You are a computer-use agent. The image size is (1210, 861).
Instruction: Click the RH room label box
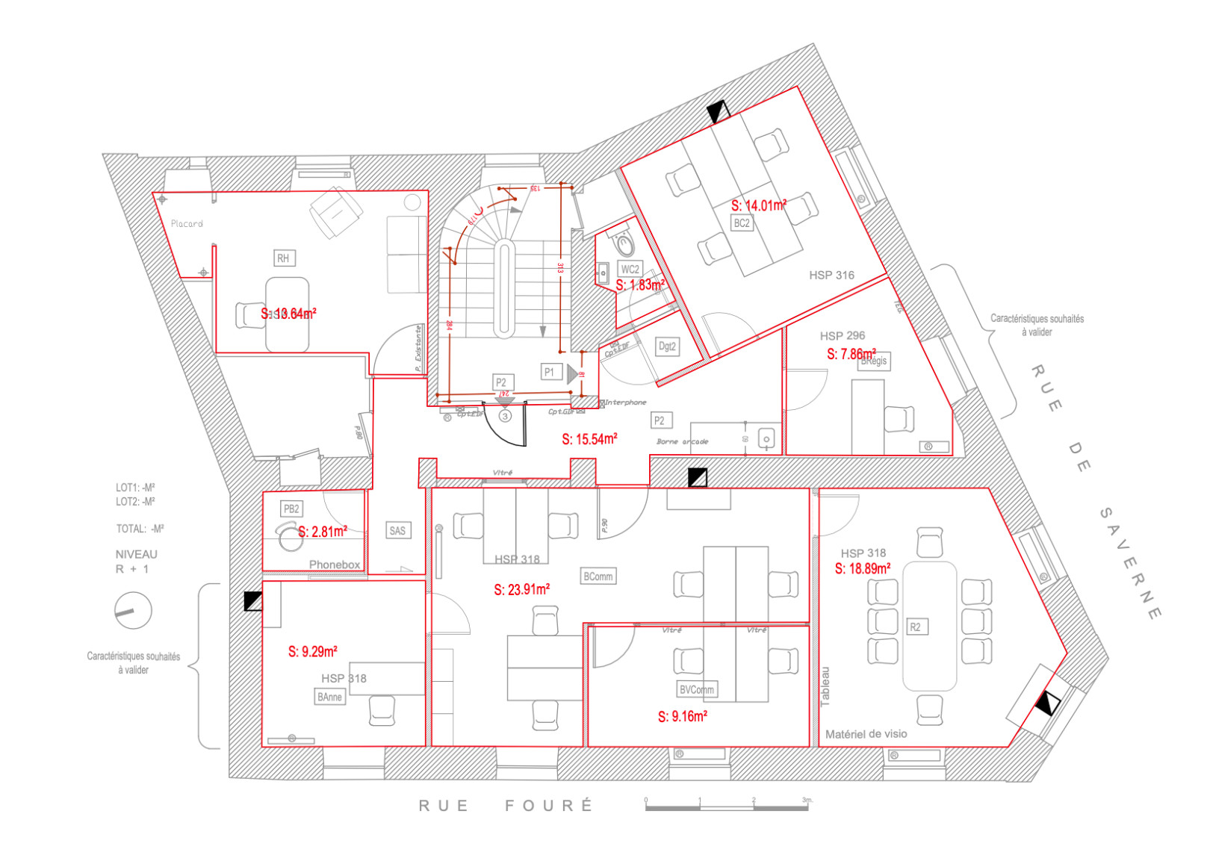point(283,258)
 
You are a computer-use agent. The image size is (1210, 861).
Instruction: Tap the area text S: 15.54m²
point(589,439)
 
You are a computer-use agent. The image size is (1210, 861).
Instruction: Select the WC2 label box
point(630,270)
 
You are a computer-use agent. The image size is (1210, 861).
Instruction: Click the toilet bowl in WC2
point(624,242)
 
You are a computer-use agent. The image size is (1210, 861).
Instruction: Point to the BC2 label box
point(741,223)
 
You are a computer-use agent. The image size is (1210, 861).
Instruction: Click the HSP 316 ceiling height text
point(831,275)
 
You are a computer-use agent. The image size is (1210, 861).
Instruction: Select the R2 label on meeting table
point(915,627)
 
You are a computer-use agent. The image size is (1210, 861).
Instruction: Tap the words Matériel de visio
point(866,734)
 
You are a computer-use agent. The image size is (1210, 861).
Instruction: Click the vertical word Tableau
point(825,686)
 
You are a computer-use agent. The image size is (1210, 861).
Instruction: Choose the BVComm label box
point(696,689)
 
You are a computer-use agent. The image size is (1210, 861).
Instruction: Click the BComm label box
point(598,576)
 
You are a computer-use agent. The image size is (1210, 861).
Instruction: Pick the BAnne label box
point(329,697)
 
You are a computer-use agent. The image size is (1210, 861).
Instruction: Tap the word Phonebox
point(335,565)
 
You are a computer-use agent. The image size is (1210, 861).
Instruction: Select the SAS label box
point(397,531)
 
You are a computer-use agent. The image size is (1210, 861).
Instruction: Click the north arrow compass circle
point(133,611)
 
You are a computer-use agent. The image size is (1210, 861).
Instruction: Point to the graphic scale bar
point(726,806)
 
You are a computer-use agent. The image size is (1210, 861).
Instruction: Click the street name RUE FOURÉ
point(506,806)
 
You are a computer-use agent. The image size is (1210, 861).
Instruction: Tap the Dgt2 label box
point(667,346)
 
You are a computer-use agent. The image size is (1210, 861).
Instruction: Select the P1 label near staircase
point(550,371)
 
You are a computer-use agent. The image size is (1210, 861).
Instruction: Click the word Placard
point(187,223)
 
